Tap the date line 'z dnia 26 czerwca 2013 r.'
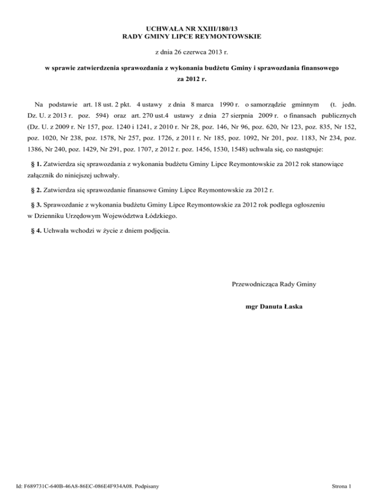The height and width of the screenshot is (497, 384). [191, 52]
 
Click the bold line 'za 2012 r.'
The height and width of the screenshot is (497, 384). [191, 79]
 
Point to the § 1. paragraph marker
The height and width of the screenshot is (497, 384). [36, 164]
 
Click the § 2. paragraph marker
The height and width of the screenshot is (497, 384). [36, 190]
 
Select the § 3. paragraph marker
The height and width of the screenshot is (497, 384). [36, 205]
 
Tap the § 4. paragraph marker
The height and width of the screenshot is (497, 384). [36, 231]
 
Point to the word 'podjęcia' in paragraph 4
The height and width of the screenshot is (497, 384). [148, 231]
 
